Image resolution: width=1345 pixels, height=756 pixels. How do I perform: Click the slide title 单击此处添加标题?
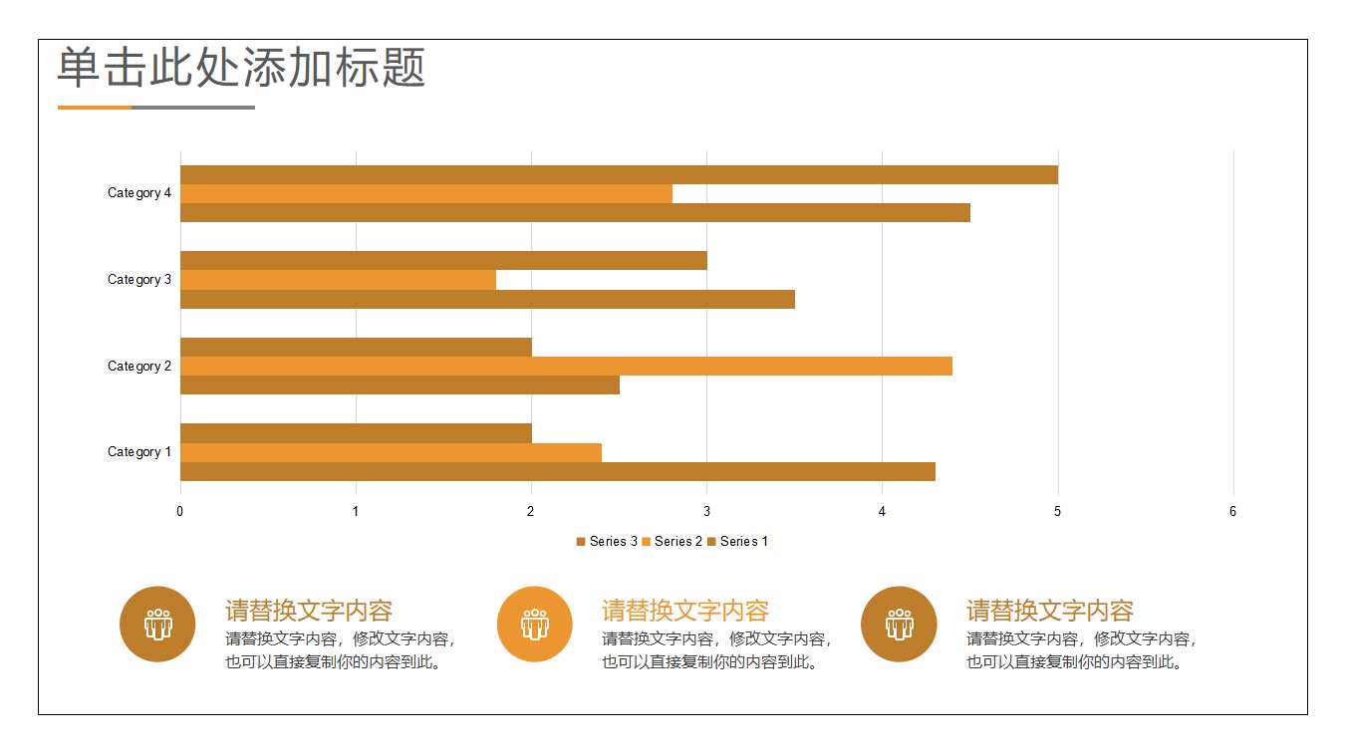[x=241, y=68]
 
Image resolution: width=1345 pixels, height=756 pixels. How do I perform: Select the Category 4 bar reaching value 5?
[x=618, y=174]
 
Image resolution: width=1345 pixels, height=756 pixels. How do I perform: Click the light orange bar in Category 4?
[x=425, y=193]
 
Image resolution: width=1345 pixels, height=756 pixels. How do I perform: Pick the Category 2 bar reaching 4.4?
[x=565, y=366]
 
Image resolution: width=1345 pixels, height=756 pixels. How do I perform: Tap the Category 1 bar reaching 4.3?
[x=557, y=471]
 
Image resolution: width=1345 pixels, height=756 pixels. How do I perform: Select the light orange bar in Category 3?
[x=338, y=280]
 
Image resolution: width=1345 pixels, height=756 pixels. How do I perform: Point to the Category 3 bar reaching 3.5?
[x=487, y=299]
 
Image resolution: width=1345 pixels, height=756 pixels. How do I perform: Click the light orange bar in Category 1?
[x=391, y=452]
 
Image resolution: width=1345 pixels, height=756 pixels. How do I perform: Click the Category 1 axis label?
[x=139, y=452]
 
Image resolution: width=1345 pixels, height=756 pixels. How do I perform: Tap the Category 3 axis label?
[x=139, y=280]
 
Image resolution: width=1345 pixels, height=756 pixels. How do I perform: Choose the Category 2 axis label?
[x=139, y=367]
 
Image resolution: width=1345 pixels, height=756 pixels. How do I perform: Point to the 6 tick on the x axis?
[x=1232, y=512]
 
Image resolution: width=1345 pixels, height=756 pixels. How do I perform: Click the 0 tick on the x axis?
[x=180, y=512]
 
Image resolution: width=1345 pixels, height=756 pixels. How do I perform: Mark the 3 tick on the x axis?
[x=706, y=512]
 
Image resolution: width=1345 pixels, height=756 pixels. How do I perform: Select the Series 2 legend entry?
[x=672, y=542]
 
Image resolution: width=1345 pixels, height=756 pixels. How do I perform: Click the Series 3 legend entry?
[x=607, y=542]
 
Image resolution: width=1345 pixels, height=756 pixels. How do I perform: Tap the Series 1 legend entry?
[x=738, y=542]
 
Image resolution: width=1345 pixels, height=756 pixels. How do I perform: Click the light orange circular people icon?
[x=534, y=625]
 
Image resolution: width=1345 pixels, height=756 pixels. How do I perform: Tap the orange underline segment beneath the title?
[x=95, y=108]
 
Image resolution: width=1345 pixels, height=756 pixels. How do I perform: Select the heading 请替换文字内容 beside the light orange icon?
[x=685, y=611]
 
